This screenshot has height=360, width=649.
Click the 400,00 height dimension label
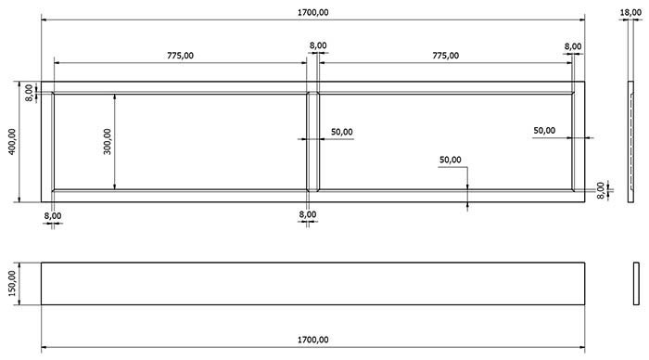point(12,141)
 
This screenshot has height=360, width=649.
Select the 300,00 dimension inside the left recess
point(108,141)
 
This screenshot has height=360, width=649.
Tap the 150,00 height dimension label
point(12,283)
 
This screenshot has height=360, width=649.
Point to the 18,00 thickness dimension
point(630,12)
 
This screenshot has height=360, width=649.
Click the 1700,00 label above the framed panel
point(313,12)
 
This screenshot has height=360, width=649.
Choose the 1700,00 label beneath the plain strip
point(313,340)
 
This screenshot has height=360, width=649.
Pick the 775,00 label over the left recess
point(180,56)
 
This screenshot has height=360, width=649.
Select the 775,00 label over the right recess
point(446,56)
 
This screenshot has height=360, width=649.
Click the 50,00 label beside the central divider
point(342,132)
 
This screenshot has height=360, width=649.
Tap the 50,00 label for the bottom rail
point(451,160)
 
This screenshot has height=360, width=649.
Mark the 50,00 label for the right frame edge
point(544,131)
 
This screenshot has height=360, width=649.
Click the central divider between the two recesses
point(313,142)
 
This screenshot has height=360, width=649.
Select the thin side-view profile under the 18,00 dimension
point(630,142)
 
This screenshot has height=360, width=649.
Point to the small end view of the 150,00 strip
point(636,283)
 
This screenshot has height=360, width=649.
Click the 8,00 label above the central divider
point(318,45)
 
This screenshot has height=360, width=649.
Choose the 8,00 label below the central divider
point(308,214)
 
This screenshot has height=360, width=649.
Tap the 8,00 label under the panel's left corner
point(53,215)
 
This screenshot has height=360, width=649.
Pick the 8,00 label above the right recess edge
point(573,46)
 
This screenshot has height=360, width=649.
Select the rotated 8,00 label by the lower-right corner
point(601,190)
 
